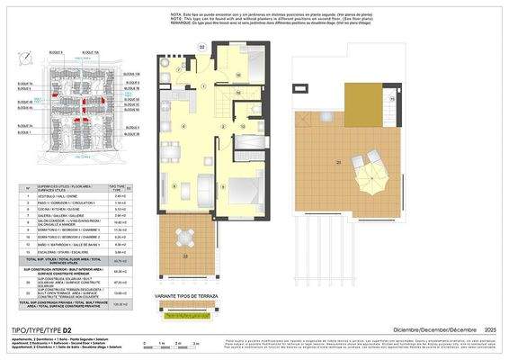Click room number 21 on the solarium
tap(338, 162)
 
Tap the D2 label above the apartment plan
tap(202, 46)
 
